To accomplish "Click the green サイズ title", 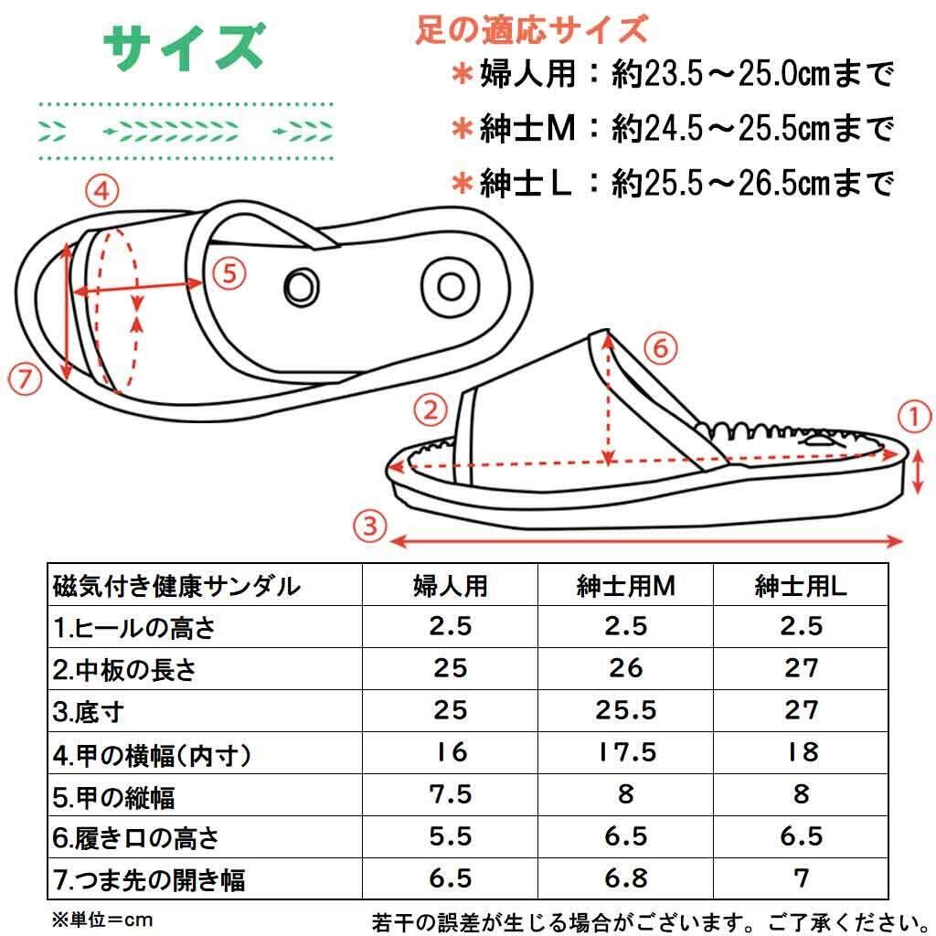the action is (184, 47).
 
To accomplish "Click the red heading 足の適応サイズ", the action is (532, 28).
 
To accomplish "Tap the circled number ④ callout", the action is (102, 191).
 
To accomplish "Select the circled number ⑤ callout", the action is (229, 274).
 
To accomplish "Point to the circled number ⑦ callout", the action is (25, 378).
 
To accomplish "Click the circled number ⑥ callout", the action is (661, 348).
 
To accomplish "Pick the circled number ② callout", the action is (431, 410).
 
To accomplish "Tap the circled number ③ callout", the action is (370, 526).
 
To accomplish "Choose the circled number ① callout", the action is (914, 416).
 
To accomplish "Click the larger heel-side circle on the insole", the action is (451, 286).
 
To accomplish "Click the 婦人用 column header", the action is (451, 586).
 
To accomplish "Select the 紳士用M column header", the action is (625, 586).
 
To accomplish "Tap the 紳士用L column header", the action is (801, 586).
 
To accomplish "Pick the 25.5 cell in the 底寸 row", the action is (625, 709).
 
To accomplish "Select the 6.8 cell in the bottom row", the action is (625, 877).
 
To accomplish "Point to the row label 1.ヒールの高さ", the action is (133, 627).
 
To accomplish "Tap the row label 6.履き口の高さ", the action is (136, 838).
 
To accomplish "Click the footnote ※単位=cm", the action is (102, 920).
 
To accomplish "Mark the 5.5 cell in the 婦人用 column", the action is (451, 835).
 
